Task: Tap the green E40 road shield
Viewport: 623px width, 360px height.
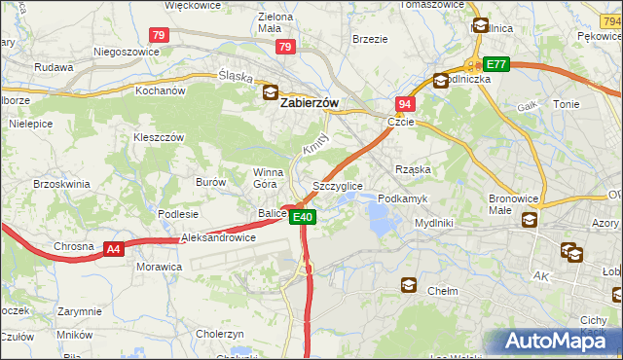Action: (304, 217)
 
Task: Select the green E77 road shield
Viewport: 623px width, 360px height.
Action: (496, 64)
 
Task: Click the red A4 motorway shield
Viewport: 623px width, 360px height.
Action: (114, 249)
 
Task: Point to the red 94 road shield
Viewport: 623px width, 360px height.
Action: (404, 103)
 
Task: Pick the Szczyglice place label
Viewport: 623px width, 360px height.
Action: (338, 185)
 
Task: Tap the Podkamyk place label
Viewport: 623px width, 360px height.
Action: (402, 198)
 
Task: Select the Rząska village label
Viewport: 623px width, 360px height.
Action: (413, 169)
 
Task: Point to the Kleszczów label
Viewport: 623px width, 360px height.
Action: (159, 138)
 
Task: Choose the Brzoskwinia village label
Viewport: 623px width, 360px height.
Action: (61, 183)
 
